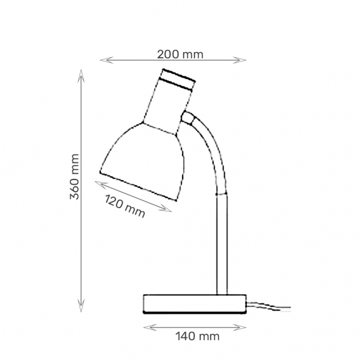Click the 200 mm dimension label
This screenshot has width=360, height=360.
[180, 54]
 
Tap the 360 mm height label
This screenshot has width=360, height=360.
[74, 177]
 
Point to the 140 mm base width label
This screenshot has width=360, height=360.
[197, 336]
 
